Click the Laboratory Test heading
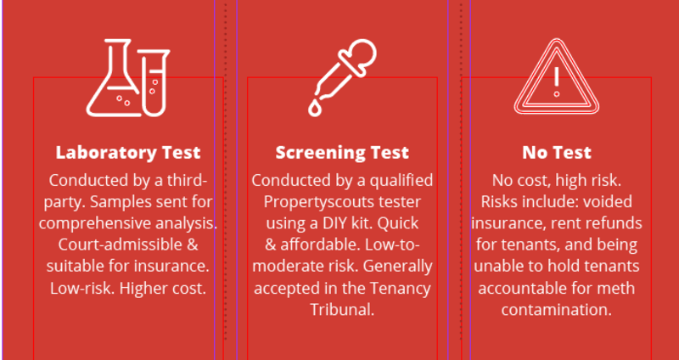coord(128,153)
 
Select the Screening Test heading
coord(342,153)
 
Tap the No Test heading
coord(557,153)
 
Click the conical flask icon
coord(114,78)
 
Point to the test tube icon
coord(154,82)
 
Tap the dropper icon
coord(342,78)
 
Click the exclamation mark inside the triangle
coord(557,82)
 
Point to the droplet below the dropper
coord(314,109)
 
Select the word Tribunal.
coord(342,310)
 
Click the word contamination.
coord(557,310)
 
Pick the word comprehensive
coord(93,223)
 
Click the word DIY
coord(334,223)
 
